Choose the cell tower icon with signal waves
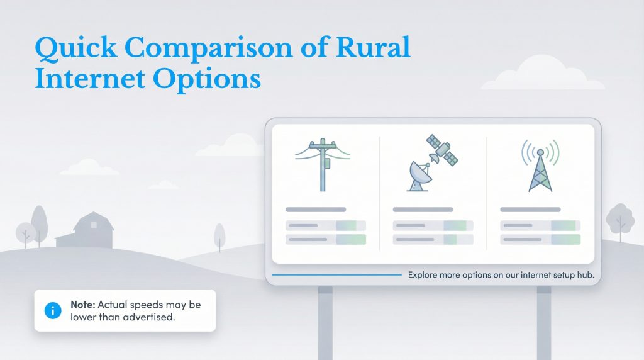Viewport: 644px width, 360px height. [540, 165]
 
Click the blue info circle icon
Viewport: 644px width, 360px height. [53, 310]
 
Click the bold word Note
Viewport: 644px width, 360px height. [82, 305]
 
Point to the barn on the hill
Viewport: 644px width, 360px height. [87, 231]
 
